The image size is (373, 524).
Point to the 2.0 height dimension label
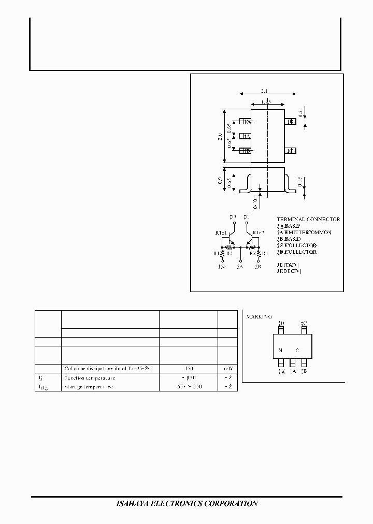pyautogui.click(x=220, y=137)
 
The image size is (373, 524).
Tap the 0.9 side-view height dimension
pyautogui.click(x=220, y=181)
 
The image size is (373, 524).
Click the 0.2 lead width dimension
pyautogui.click(x=300, y=113)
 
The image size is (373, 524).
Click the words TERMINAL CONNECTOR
pyautogui.click(x=308, y=220)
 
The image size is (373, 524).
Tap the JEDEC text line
pyautogui.click(x=289, y=270)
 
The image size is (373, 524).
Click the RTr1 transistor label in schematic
pyautogui.click(x=221, y=233)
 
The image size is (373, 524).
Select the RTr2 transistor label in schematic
pyautogui.click(x=259, y=233)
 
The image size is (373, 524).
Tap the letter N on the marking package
pyautogui.click(x=280, y=351)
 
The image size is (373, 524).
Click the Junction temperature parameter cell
pyautogui.click(x=90, y=377)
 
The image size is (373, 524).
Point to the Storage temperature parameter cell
pyautogui.click(x=89, y=386)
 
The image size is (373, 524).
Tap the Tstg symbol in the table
pyautogui.click(x=43, y=387)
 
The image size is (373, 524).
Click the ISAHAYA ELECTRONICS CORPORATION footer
pyautogui.click(x=186, y=503)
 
